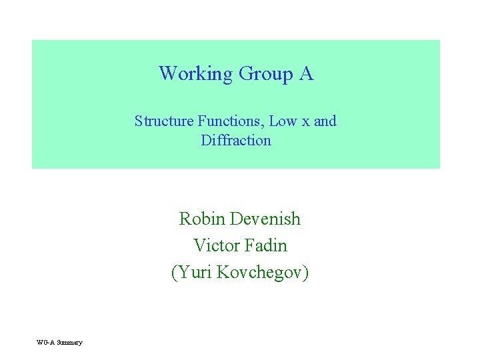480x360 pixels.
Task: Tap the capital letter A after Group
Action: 307,73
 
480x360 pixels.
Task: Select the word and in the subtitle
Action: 325,121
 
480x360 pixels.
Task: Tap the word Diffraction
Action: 236,141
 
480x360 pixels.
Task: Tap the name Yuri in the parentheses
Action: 194,273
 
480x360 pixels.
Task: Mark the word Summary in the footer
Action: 69,343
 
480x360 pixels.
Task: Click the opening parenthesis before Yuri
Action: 174,273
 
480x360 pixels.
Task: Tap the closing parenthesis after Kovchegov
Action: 305,273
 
